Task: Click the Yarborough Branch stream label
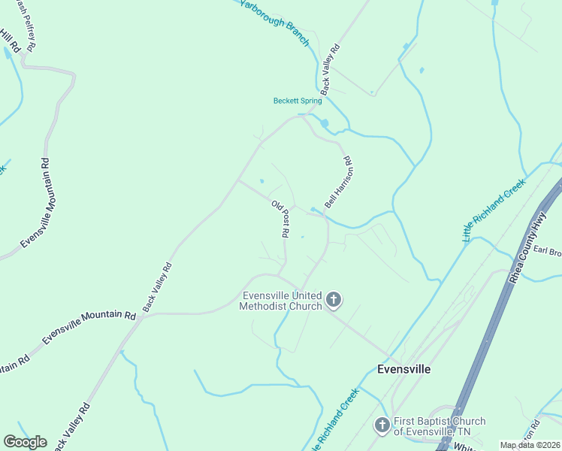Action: pos(274,23)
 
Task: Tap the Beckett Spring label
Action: pos(297,101)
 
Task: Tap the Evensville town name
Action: pos(403,369)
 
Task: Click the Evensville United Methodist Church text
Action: pos(280,301)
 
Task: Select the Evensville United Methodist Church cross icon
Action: pos(334,301)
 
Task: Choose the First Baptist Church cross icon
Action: pos(382,426)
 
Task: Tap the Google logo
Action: pos(25,442)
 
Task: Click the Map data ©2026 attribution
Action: pos(530,445)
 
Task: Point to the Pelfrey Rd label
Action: pos(29,26)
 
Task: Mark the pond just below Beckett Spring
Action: pos(325,123)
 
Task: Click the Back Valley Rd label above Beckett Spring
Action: pos(331,68)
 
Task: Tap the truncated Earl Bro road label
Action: pos(548,251)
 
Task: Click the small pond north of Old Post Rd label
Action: pos(261,180)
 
